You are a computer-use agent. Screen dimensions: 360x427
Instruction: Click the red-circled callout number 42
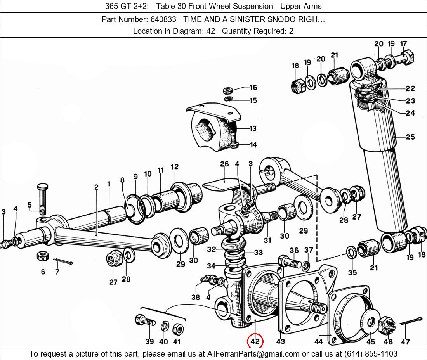coord(255,342)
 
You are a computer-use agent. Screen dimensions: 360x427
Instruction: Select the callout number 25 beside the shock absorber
coord(410,137)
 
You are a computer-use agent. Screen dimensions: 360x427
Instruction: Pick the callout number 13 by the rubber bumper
coord(253,128)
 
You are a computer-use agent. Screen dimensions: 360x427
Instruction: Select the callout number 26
coord(224,164)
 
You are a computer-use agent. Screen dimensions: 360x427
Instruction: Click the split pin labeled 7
coord(63,263)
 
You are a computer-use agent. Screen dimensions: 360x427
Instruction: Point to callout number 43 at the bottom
coord(280,341)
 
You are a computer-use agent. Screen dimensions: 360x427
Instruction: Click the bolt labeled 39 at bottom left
coord(144,321)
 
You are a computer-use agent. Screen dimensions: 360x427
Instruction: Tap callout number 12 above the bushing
coord(174,167)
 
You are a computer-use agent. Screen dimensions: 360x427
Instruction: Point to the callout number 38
coord(196,298)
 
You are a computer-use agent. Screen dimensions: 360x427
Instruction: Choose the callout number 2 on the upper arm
coord(96,187)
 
